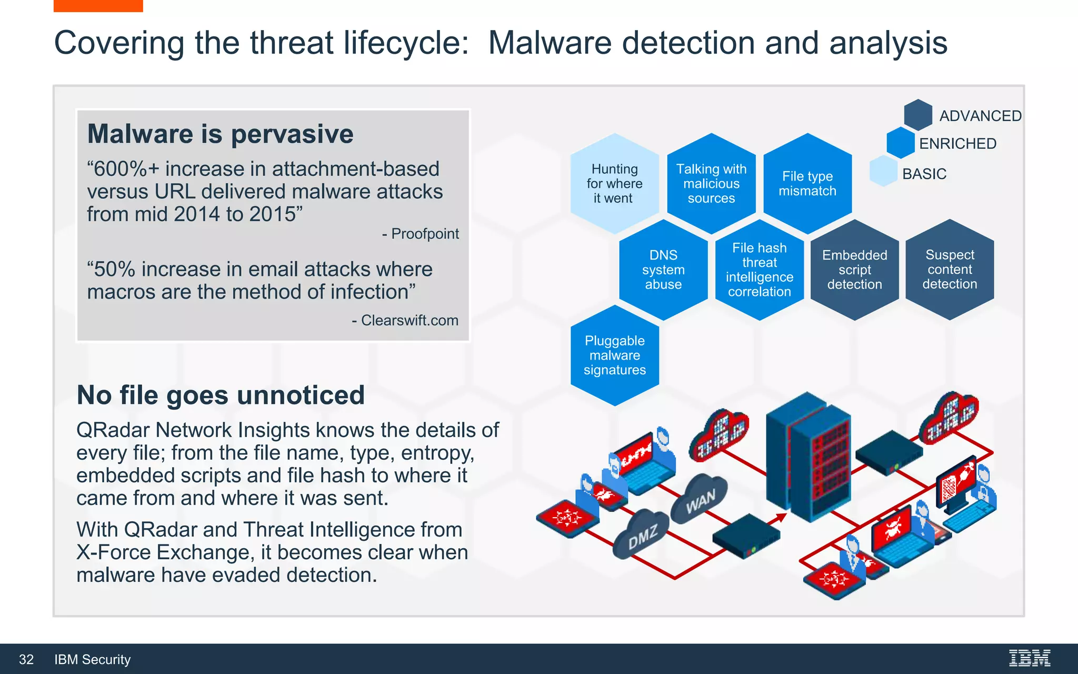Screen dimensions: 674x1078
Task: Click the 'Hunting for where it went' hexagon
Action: (x=614, y=184)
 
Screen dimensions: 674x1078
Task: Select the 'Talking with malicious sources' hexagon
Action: (x=711, y=184)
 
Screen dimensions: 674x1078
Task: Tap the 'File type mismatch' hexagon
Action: (x=807, y=184)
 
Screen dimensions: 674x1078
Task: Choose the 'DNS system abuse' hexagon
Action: (x=663, y=270)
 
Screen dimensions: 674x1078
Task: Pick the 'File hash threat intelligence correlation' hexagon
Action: (x=760, y=270)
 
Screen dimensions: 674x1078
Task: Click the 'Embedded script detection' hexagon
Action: (x=854, y=270)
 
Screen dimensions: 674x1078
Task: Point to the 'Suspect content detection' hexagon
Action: (x=950, y=270)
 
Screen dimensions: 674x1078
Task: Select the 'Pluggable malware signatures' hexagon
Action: (x=614, y=355)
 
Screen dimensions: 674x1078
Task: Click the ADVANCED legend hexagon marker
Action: (x=918, y=115)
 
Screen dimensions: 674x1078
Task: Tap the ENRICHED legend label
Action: (x=957, y=144)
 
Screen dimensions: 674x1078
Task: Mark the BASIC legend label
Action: (x=924, y=174)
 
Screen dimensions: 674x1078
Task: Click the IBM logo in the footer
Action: (x=1030, y=658)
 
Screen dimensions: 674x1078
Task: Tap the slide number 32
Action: (x=26, y=659)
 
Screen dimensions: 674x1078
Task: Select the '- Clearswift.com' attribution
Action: (x=405, y=320)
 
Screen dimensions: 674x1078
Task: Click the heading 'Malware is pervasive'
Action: (x=220, y=134)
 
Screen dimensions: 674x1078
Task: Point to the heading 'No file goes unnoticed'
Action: (x=221, y=395)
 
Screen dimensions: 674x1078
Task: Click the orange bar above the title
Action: (x=98, y=6)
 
